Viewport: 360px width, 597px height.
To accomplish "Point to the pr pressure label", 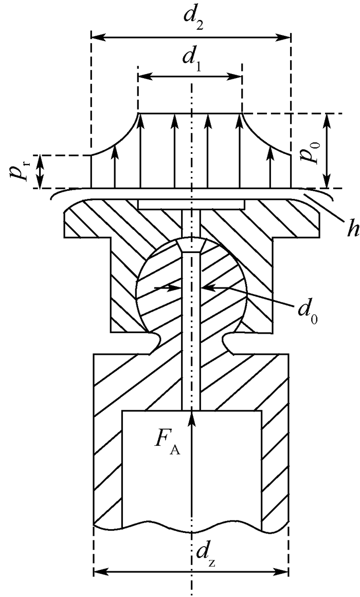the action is coord(21,171).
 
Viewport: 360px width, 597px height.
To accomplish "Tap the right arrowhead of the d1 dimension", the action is coord(237,77).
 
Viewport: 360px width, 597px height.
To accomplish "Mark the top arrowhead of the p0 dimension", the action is coord(326,119).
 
